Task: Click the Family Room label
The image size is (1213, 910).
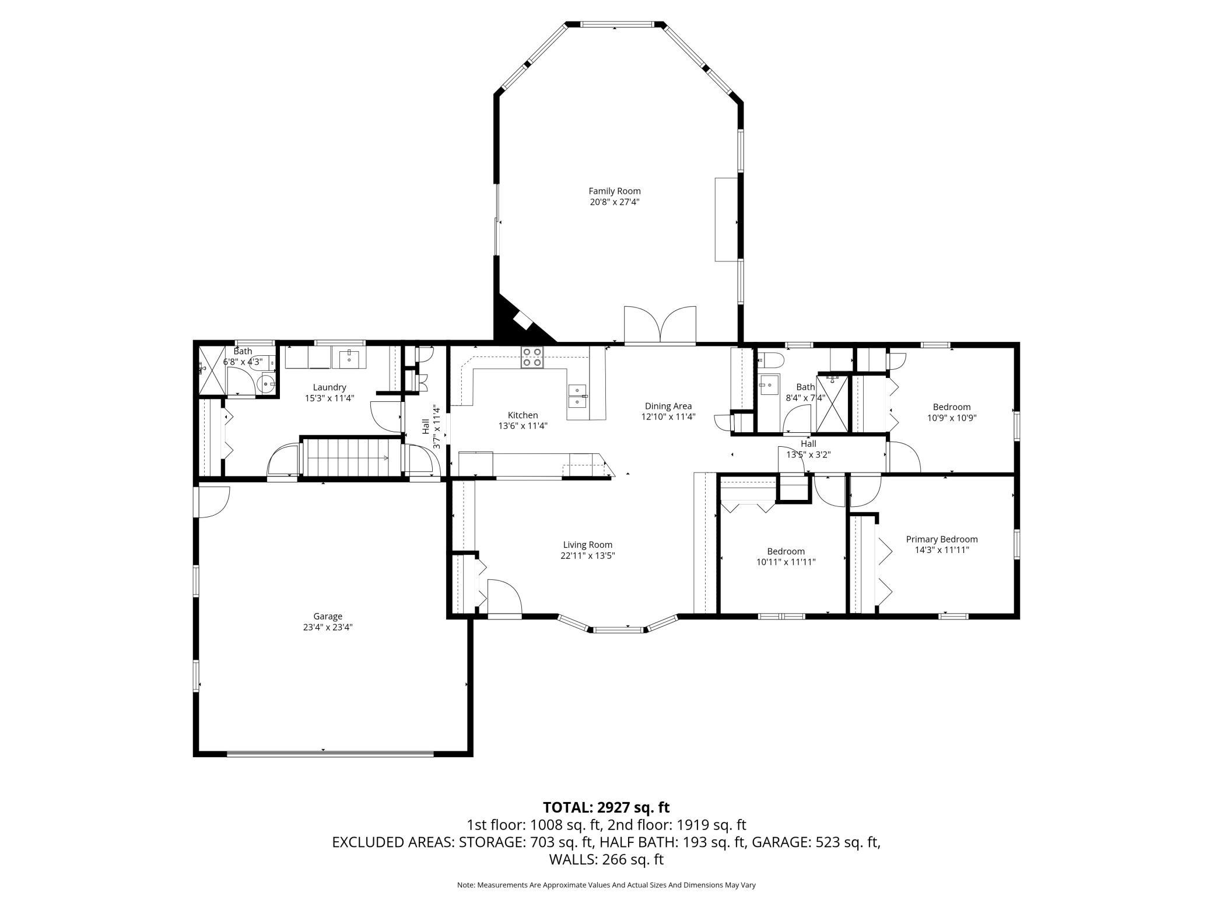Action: pyautogui.click(x=614, y=191)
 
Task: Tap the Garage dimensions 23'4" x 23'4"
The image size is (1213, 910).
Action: pyautogui.click(x=328, y=627)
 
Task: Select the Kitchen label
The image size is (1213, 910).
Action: pyautogui.click(x=523, y=415)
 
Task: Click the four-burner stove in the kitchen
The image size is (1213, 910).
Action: pyautogui.click(x=532, y=357)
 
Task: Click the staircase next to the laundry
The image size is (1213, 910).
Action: pyautogui.click(x=351, y=457)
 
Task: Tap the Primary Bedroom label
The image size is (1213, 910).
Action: pyautogui.click(x=942, y=540)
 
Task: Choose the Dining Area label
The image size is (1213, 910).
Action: pyautogui.click(x=668, y=406)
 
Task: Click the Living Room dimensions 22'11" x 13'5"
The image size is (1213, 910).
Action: pyautogui.click(x=588, y=555)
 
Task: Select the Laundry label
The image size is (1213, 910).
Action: pyautogui.click(x=329, y=387)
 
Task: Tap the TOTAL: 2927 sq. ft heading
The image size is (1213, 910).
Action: pyautogui.click(x=606, y=807)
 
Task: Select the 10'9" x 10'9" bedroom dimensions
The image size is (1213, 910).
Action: pyautogui.click(x=952, y=418)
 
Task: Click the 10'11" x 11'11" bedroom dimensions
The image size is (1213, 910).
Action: pyautogui.click(x=786, y=562)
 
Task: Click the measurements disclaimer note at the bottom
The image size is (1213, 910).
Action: pyautogui.click(x=606, y=885)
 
